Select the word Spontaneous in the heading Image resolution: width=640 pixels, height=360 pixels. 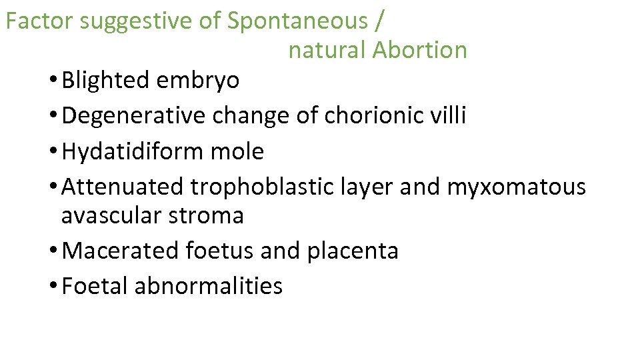click(297, 21)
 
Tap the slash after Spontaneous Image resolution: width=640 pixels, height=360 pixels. click(379, 21)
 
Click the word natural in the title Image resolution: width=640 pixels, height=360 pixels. click(327, 50)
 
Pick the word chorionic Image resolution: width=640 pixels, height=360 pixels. click(372, 116)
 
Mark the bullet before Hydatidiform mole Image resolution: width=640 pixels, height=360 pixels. click(53, 152)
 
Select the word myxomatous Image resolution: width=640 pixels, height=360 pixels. click(516, 187)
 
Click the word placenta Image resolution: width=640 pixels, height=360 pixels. click(353, 251)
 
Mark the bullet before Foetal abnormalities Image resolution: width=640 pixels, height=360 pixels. click(53, 287)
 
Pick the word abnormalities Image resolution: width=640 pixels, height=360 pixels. click(209, 287)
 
